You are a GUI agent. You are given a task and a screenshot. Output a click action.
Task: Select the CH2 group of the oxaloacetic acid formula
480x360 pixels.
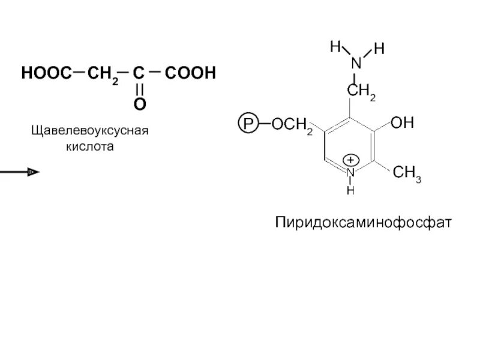[100, 74]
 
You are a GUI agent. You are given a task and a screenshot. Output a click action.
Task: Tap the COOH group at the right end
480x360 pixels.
[189, 74]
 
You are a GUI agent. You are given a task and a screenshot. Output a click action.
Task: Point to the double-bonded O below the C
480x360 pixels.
[139, 104]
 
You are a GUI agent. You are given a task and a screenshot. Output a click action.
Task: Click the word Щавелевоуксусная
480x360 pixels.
[89, 131]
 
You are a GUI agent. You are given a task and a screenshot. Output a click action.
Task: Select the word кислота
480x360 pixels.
[89, 146]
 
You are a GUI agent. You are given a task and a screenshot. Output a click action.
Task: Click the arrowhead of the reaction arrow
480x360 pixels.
[34, 172]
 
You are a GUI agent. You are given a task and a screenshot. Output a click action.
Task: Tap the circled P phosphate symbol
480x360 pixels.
[248, 125]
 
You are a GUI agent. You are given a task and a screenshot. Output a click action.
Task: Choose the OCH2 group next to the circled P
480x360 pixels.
[292, 125]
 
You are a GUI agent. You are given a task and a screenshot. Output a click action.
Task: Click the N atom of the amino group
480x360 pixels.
[356, 62]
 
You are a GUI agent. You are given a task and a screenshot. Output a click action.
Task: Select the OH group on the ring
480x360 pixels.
[402, 123]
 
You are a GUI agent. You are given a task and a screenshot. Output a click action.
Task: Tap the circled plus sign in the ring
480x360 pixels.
[352, 160]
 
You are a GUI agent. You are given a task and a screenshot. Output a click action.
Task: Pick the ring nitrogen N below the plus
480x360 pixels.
[352, 173]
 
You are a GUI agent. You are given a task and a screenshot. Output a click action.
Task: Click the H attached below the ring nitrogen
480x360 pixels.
[351, 190]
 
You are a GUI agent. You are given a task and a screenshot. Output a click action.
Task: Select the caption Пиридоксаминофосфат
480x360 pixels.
[362, 223]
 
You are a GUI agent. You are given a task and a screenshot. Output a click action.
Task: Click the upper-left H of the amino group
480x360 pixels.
[335, 47]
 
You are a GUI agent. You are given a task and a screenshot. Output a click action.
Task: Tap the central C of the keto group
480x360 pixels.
[139, 74]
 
